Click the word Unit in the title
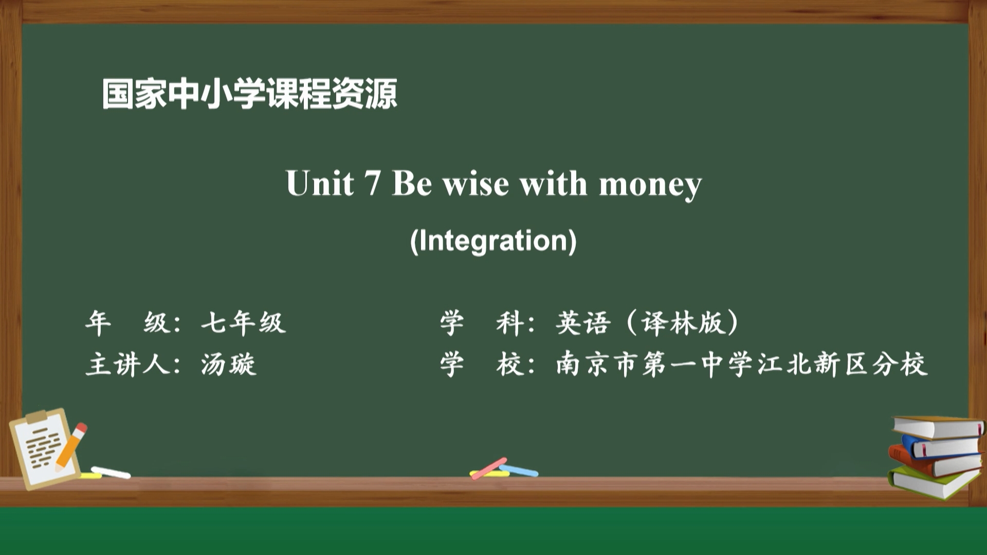pyautogui.click(x=320, y=183)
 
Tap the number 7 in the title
pyautogui.click(x=372, y=183)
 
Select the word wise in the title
pyautogui.click(x=476, y=183)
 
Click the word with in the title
pyautogui.click(x=554, y=183)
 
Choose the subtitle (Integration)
pyautogui.click(x=493, y=240)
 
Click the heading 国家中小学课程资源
pyautogui.click(x=250, y=94)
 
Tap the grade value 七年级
pyautogui.click(x=243, y=323)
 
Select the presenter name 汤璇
pyautogui.click(x=228, y=364)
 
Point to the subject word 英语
pyautogui.click(x=583, y=323)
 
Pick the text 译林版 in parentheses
pyautogui.click(x=682, y=323)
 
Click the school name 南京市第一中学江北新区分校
pyautogui.click(x=742, y=364)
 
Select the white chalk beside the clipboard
pyautogui.click(x=111, y=472)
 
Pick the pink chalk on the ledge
pyautogui.click(x=489, y=468)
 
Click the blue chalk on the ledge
pyautogui.click(x=519, y=470)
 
